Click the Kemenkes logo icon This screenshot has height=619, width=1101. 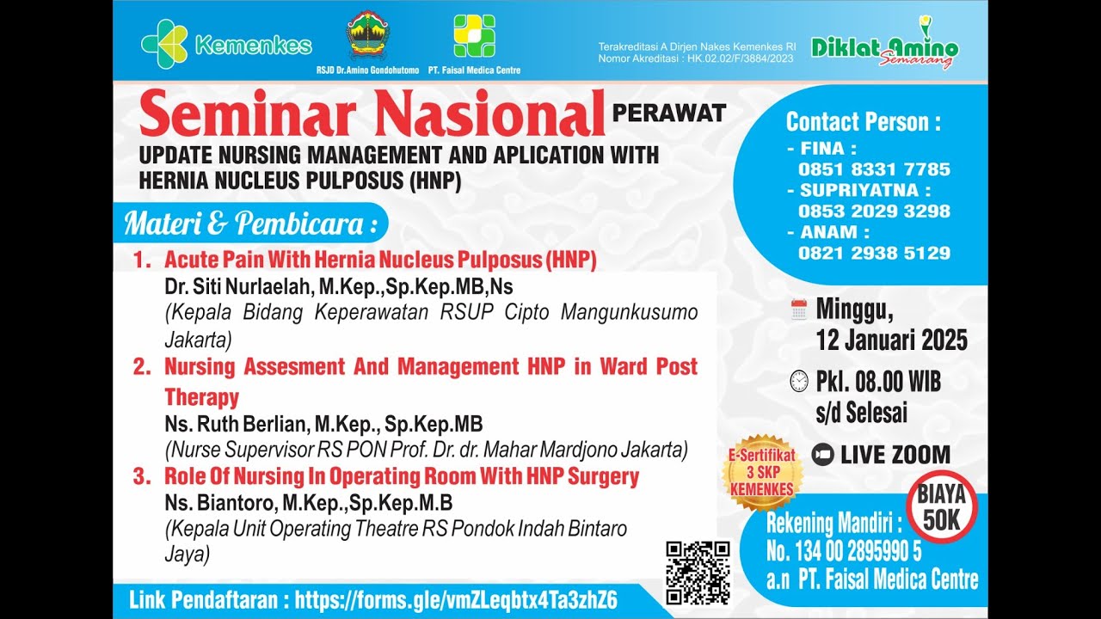pos(164,43)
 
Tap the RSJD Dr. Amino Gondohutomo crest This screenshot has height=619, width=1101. pos(367,36)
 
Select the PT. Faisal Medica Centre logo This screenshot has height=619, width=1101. pos(474,36)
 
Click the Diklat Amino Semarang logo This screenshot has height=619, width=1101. pos(884,46)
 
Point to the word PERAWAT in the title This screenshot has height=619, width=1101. pos(669,113)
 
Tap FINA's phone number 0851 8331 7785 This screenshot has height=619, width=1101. pos(874,169)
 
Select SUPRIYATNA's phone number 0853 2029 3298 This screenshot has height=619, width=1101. pos(874,211)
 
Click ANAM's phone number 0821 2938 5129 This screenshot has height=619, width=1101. pos(874,253)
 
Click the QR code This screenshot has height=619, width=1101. pos(698,573)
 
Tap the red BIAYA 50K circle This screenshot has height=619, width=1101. pos(941,508)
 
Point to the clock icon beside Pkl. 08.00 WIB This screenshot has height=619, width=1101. pos(799,381)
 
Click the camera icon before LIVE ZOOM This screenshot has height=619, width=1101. pos(822,455)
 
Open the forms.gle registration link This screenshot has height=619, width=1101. pos(456,600)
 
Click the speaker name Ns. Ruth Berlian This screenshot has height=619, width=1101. pos(237,424)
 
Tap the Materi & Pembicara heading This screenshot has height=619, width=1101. pos(250,224)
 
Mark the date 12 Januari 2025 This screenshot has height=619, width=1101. pos(891,340)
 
